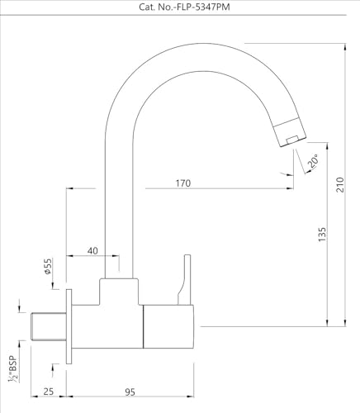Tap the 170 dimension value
click(183, 183)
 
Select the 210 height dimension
click(340, 185)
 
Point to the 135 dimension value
click(322, 235)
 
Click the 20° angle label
click(314, 161)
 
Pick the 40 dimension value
click(92, 251)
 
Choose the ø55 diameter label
click(48, 266)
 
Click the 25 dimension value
click(48, 392)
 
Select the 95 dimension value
click(130, 392)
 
